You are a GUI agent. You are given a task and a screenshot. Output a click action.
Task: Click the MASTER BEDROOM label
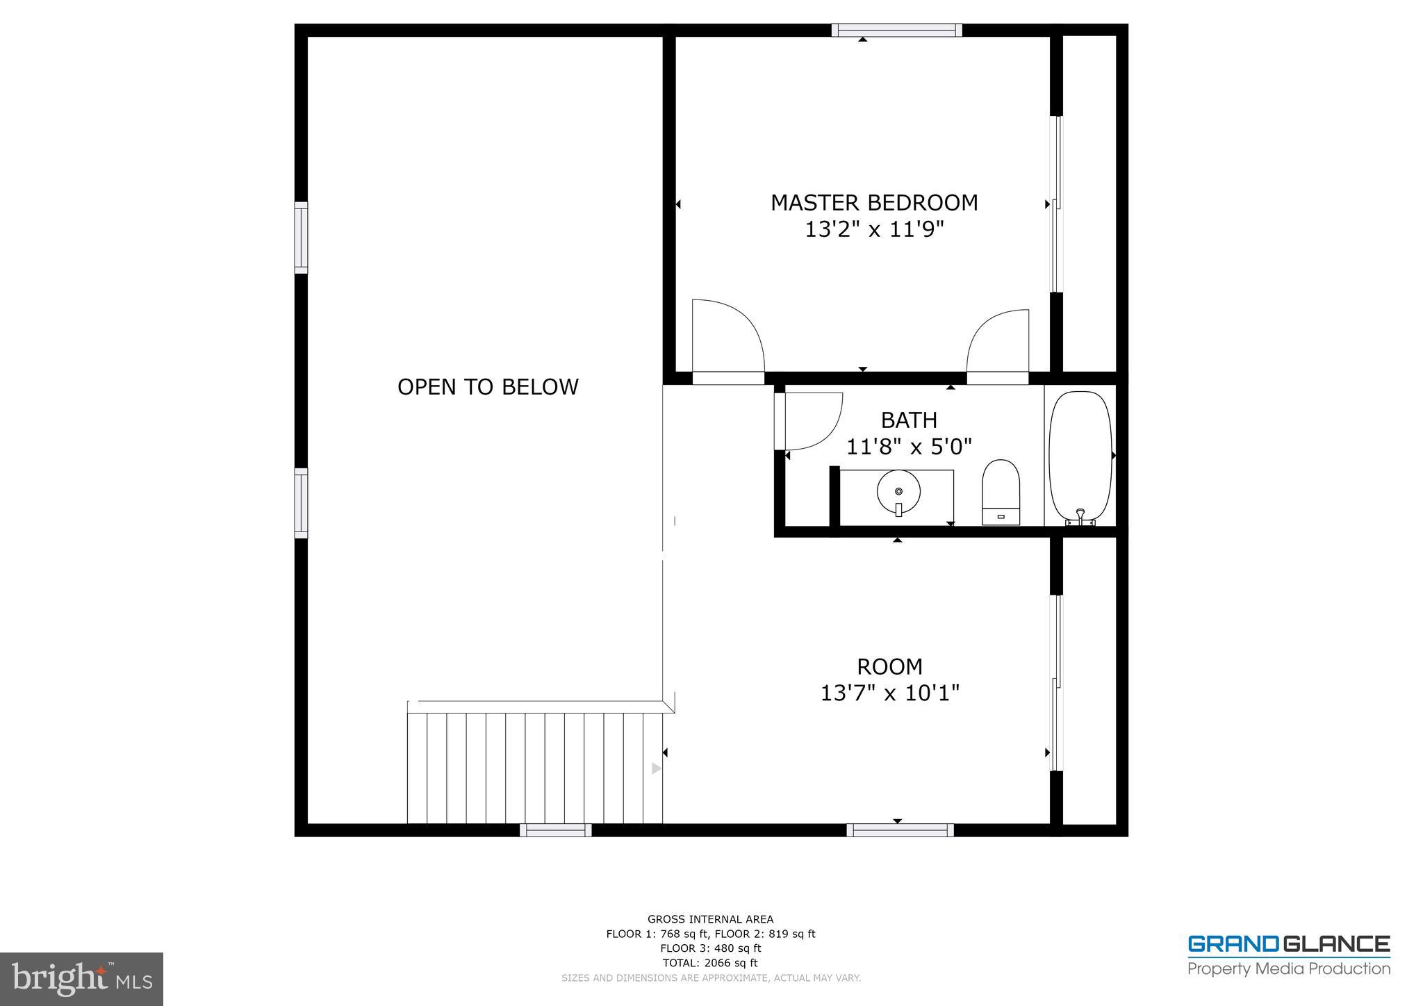coord(874,203)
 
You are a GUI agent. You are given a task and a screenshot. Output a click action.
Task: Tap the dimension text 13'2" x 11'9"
coord(874,229)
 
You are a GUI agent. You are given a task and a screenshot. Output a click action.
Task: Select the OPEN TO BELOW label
coord(488,387)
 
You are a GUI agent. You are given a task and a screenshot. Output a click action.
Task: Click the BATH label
coord(909,420)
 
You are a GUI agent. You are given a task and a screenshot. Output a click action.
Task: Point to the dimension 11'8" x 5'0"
coord(909,447)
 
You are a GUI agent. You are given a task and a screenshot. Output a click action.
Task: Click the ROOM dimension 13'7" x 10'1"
coord(889,693)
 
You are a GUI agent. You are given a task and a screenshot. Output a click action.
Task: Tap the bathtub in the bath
coord(1080,456)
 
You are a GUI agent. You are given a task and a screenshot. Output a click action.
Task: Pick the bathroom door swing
coord(809,420)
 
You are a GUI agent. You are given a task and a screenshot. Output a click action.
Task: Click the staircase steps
coord(535,767)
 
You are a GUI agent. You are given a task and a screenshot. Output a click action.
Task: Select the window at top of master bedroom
coord(897,30)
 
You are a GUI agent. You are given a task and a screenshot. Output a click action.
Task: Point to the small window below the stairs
coord(555,830)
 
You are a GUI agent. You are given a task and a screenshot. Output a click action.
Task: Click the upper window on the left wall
coord(301,238)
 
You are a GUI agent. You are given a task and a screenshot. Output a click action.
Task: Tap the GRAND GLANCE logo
coord(1288,955)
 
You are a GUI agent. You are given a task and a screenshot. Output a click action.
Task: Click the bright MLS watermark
coord(81,979)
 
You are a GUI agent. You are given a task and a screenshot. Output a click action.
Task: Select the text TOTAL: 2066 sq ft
coord(710,963)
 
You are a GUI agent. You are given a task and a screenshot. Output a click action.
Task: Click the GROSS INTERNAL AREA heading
coord(710,919)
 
